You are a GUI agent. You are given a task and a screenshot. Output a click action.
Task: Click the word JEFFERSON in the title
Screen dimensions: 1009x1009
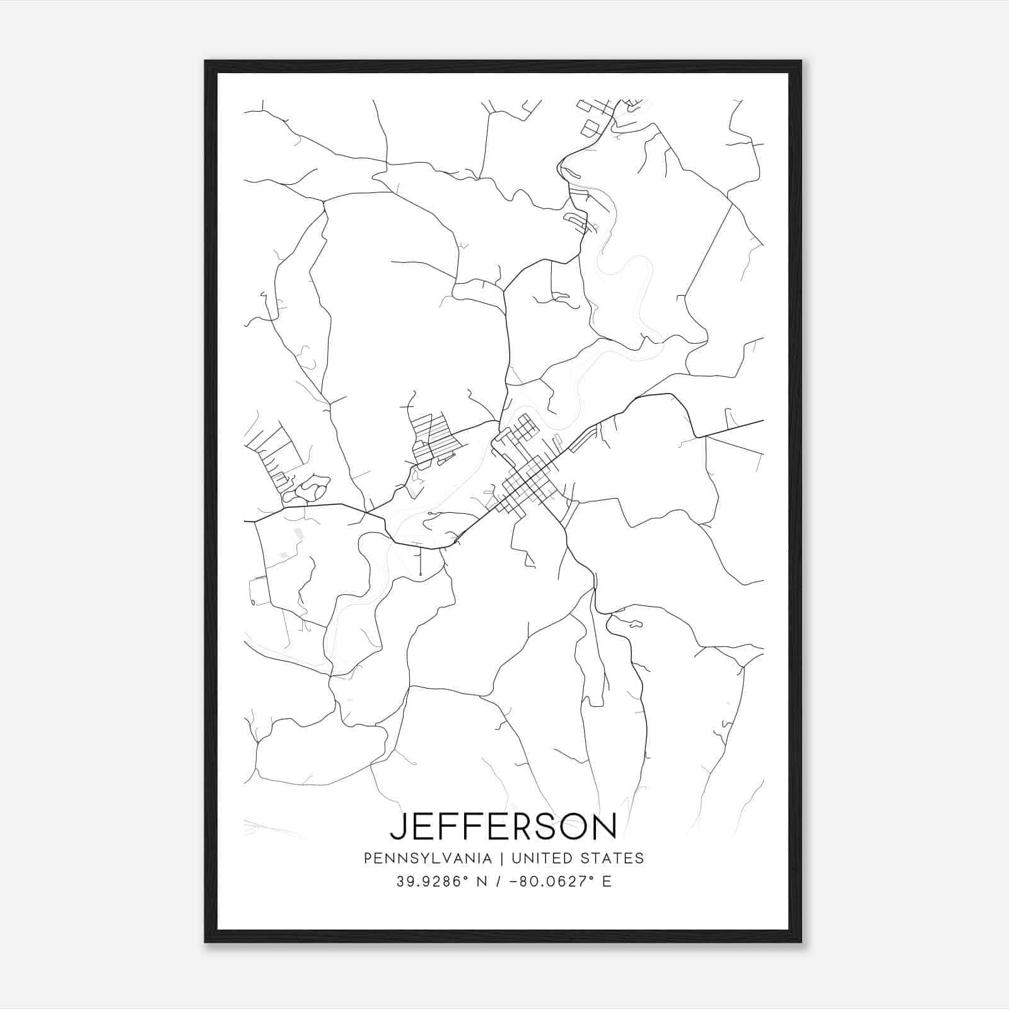click(x=503, y=826)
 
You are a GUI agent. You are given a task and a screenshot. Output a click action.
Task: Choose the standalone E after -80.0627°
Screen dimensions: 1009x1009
click(x=607, y=882)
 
